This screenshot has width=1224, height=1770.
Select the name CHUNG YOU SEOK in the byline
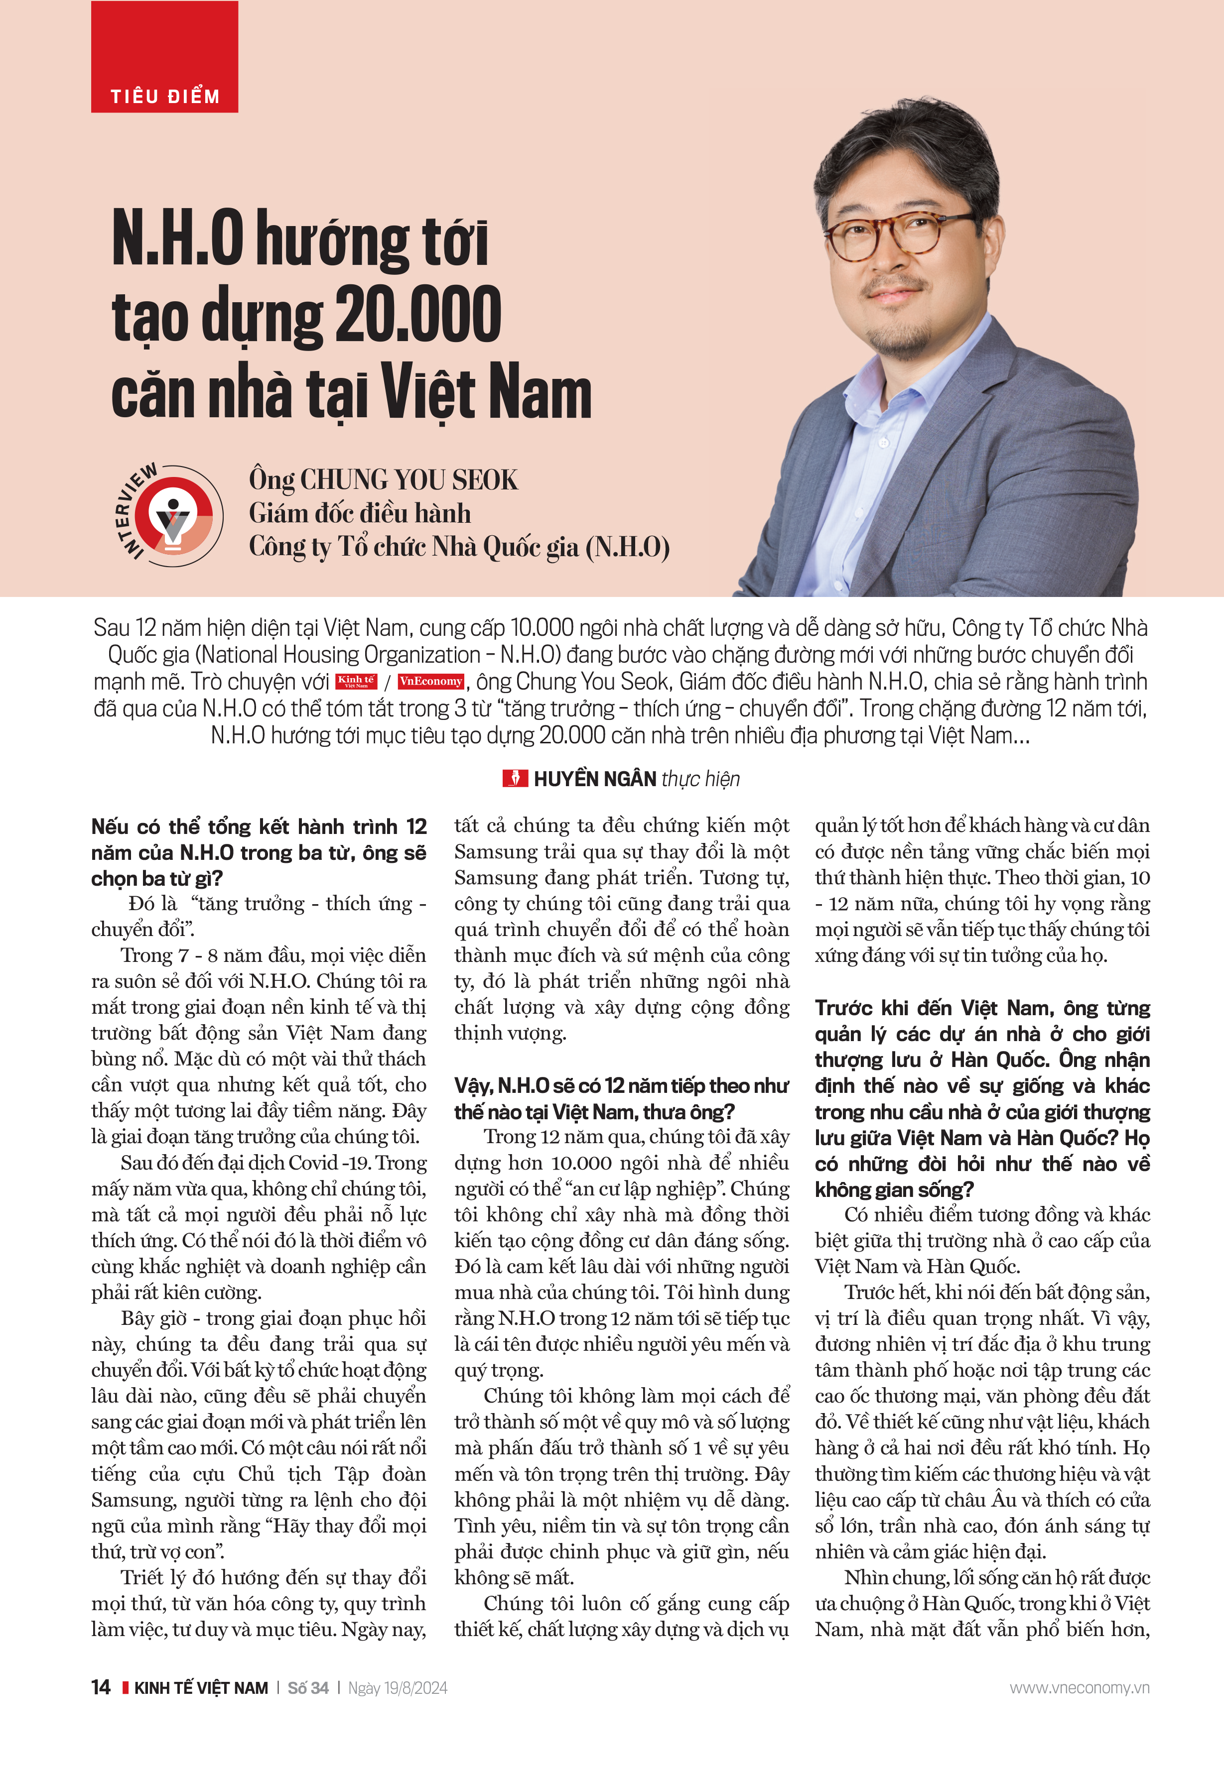tap(409, 480)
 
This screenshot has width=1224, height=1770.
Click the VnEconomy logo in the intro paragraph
tap(431, 681)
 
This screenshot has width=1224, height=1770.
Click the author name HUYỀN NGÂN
tap(594, 779)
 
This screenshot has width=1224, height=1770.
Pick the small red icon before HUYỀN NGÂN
tap(515, 779)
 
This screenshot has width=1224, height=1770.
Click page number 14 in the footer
tap(101, 1687)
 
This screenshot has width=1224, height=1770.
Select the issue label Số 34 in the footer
tap(307, 1688)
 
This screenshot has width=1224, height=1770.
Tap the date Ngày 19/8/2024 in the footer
tap(397, 1688)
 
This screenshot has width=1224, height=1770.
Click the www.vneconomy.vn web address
tap(1079, 1688)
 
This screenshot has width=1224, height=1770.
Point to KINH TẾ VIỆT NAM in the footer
tap(201, 1688)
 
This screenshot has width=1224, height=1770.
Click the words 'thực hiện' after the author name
tap(700, 779)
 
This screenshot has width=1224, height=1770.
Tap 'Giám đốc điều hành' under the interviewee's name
tap(360, 513)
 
